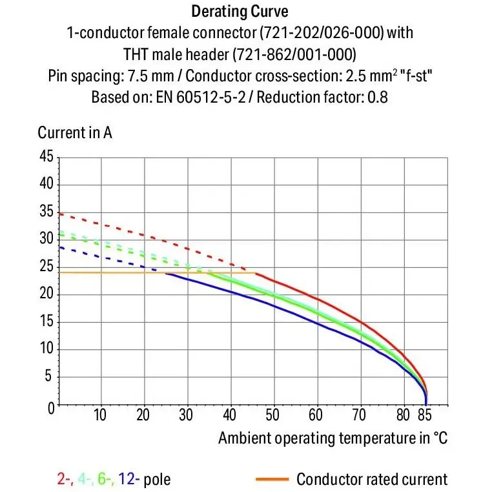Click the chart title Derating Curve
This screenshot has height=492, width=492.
pos(240,12)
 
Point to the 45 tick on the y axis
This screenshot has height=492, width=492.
pos(46,156)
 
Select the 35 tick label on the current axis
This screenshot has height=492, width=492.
pos(46,211)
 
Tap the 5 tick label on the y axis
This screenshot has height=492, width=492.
pos(48,376)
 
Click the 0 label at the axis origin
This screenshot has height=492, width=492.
pos(51,409)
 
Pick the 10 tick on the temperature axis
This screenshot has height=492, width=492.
pos(100,415)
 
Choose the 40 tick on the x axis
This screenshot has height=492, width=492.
pos(229,415)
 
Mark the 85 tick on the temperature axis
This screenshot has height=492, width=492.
pos(425,415)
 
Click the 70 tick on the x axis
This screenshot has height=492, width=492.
pos(359,415)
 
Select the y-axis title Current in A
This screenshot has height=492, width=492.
pos(75,132)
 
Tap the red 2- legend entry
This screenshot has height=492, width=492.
pos(65,479)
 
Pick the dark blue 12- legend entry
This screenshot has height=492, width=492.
pos(128,479)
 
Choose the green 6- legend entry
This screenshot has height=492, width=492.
pos(106,479)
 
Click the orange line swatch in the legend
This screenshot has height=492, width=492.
pos(272,479)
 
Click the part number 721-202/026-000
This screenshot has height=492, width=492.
pos(322,33)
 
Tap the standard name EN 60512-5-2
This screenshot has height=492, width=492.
pos(201,97)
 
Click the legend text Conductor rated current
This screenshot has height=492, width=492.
pos(372,479)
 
